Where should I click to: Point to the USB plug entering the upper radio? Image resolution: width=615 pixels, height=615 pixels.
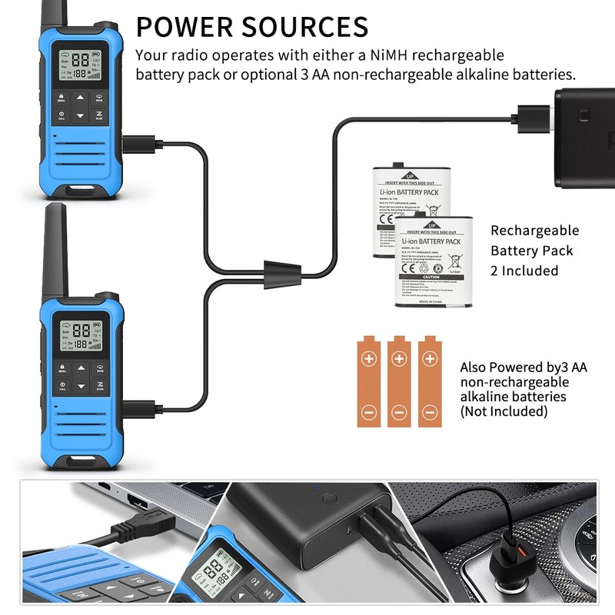coord(136,142)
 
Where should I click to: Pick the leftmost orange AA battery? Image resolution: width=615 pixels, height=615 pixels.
coord(369,381)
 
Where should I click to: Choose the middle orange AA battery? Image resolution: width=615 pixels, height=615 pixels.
coord(398,381)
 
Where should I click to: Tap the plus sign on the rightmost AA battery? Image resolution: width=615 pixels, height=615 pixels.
coord(429,358)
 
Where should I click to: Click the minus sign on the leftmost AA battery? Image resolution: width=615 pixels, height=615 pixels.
coord(369,413)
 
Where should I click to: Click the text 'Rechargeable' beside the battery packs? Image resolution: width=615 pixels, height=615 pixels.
coord(535,231)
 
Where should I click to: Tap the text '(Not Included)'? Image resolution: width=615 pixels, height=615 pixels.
coord(504,411)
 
